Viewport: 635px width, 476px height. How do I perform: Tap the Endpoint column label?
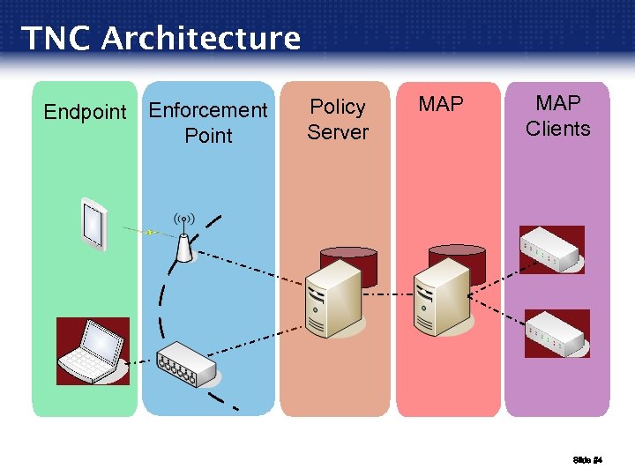click(x=86, y=112)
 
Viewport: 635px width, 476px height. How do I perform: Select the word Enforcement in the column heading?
click(x=208, y=110)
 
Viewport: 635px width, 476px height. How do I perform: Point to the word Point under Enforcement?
click(x=208, y=136)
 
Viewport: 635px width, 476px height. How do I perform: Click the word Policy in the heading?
click(x=338, y=107)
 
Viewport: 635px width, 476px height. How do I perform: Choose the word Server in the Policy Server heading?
click(x=338, y=132)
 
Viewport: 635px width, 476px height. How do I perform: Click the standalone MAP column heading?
click(x=441, y=105)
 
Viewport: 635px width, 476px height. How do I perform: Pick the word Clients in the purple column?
click(x=557, y=129)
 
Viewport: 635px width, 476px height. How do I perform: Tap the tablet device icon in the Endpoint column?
click(x=91, y=223)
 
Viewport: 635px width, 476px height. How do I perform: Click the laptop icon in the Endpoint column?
click(x=93, y=351)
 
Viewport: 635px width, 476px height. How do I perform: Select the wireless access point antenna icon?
click(x=183, y=241)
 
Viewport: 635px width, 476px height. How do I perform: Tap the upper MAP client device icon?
click(x=552, y=250)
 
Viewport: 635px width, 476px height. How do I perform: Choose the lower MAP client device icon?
click(x=557, y=332)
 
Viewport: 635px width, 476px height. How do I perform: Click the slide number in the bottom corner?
click(x=586, y=460)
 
